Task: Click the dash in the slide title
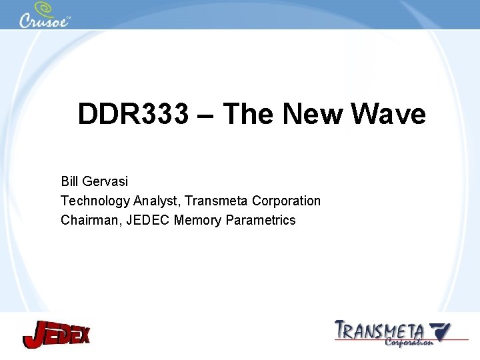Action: point(206,115)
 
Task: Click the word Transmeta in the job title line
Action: point(217,201)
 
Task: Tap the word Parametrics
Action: point(261,220)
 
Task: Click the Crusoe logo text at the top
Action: point(44,21)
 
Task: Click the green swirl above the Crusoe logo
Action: point(45,8)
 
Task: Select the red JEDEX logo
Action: point(56,333)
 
